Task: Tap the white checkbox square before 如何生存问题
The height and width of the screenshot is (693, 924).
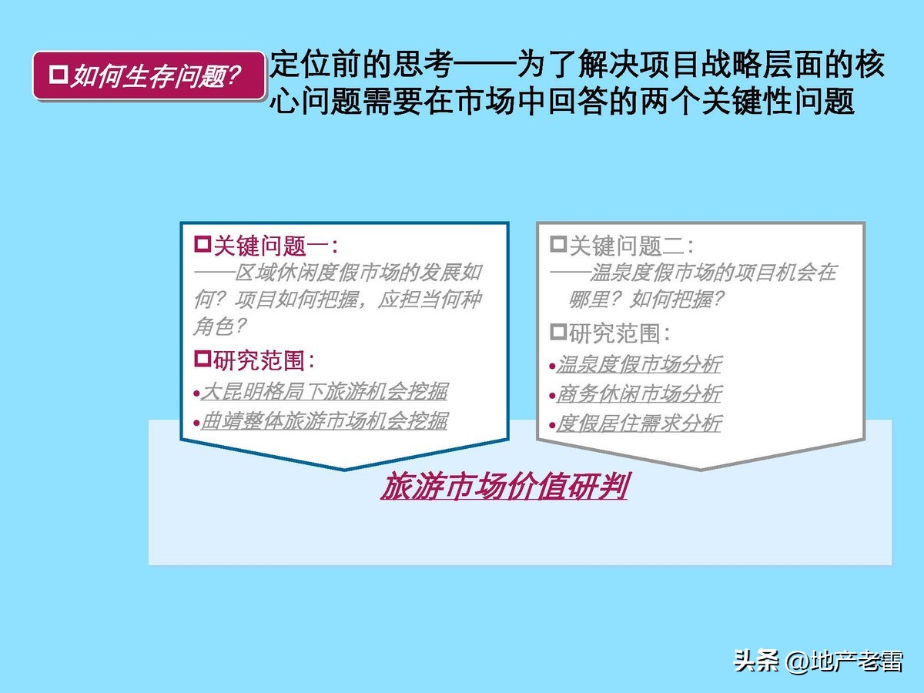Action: point(59,74)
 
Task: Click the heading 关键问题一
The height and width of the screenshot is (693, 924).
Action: point(274,246)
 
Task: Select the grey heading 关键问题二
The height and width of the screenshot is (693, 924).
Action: point(630,246)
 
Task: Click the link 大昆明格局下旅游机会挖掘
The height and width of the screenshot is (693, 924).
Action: point(324,391)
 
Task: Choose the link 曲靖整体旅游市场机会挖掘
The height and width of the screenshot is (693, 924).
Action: point(324,420)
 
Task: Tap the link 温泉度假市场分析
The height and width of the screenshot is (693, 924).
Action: point(638,364)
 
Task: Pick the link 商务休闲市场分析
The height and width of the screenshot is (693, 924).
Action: point(638,393)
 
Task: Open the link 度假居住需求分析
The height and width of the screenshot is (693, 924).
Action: point(638,423)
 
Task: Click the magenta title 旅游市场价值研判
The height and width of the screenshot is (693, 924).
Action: point(504,487)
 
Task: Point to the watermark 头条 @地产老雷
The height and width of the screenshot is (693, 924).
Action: point(818,661)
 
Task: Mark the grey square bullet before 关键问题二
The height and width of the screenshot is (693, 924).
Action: point(558,245)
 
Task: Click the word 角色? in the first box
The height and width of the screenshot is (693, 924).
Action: point(220,326)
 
